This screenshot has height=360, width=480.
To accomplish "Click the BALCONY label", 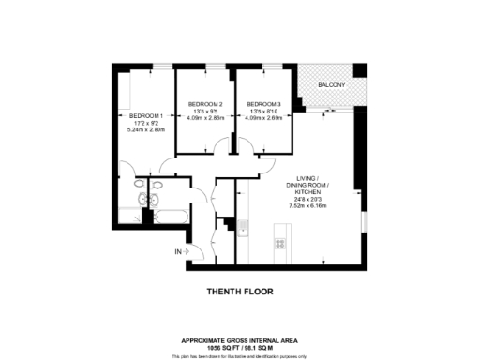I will [x=330, y=86].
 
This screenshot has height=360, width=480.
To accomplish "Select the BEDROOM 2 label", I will [x=204, y=104].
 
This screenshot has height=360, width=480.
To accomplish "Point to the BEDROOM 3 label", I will [x=263, y=104].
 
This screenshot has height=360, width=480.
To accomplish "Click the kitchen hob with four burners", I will [x=279, y=244].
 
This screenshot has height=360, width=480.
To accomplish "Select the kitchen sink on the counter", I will [x=242, y=227].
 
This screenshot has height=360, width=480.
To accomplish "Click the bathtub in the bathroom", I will [x=172, y=217].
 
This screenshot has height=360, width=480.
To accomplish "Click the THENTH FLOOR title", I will [x=239, y=292].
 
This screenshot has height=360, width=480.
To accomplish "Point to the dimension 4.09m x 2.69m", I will [x=263, y=119].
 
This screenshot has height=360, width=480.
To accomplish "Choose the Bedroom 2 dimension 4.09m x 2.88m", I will [x=204, y=119].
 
